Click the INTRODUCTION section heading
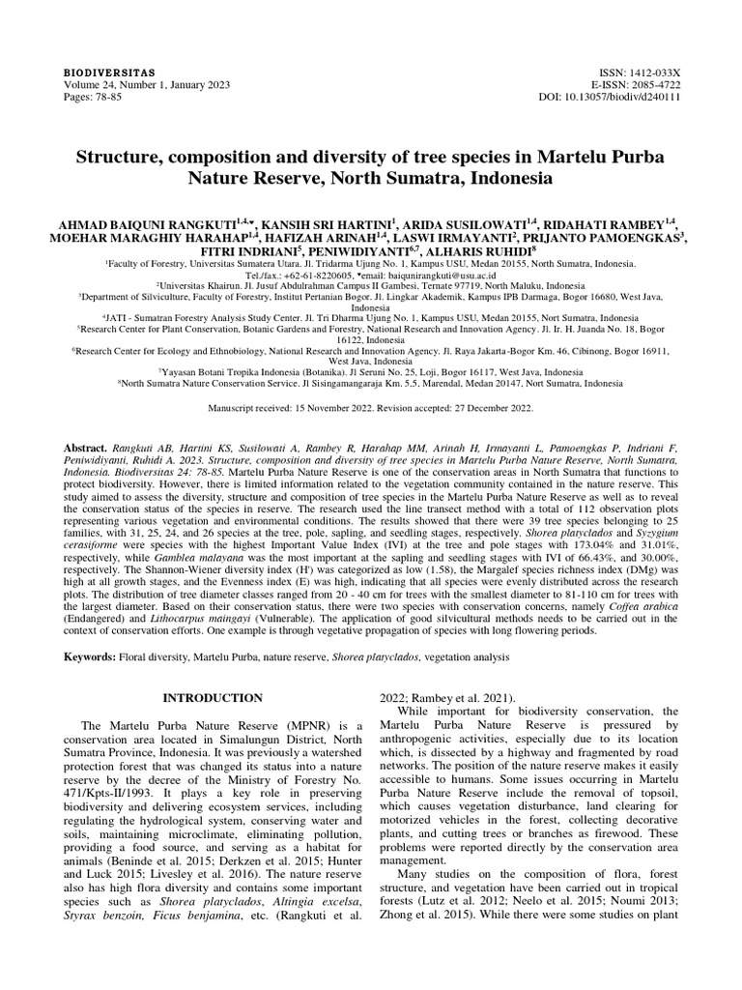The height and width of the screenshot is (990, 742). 212,697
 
